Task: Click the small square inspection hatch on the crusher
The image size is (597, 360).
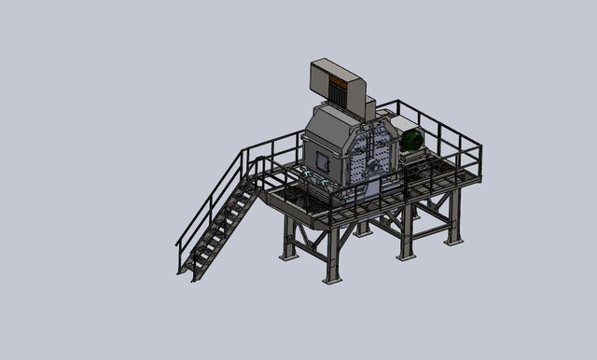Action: [323, 161]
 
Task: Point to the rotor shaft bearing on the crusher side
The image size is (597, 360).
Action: [372, 165]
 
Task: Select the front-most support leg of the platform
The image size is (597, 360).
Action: [332, 252]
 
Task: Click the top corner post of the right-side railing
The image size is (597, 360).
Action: [479, 147]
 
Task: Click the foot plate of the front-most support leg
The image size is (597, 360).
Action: [332, 280]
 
